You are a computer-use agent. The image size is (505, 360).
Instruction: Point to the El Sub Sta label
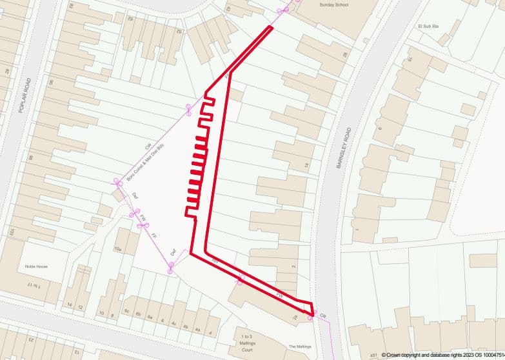[x=428, y=26]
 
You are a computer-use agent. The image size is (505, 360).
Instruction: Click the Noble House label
[x=36, y=266]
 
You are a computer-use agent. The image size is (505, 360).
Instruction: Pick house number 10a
[x=118, y=248]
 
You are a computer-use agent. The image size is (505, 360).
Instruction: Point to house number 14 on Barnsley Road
[x=306, y=165]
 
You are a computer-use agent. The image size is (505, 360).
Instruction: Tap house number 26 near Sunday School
[x=344, y=54]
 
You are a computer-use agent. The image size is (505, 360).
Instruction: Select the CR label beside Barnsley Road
[x=323, y=315]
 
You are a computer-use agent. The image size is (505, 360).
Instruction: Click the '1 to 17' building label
[x=34, y=285]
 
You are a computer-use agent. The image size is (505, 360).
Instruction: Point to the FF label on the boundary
[x=154, y=235]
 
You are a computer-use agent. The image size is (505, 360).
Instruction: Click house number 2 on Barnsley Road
[x=293, y=266]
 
